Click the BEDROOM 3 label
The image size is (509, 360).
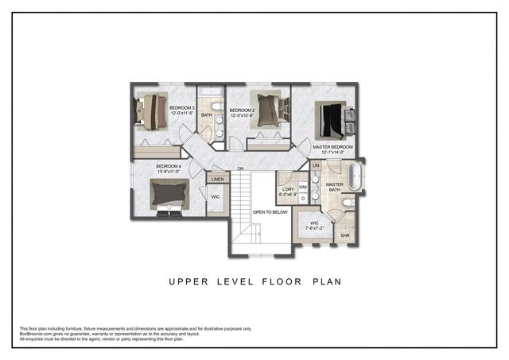point(181,107)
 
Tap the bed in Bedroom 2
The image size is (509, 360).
point(268,110)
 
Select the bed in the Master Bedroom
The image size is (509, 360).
point(334,120)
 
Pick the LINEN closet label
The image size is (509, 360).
point(218,180)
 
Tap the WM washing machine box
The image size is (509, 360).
point(303,187)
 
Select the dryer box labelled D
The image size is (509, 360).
point(303,198)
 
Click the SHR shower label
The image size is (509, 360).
point(345,235)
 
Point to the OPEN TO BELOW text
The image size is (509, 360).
point(270,212)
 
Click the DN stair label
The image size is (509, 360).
point(240,168)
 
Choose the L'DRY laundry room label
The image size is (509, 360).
point(287,188)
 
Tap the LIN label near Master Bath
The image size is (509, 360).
point(316,165)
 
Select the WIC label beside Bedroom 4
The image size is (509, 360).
point(215,196)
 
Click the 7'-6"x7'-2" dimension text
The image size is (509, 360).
point(314,228)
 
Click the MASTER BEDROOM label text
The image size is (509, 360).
point(333,147)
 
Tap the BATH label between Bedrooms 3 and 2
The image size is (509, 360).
point(207,115)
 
